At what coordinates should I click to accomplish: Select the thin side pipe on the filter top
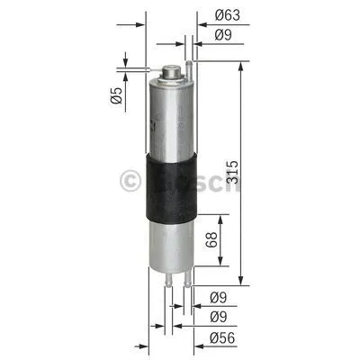click(x=189, y=66)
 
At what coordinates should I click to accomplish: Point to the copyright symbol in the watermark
click(x=131, y=182)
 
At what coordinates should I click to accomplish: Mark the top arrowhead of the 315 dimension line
click(x=241, y=66)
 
